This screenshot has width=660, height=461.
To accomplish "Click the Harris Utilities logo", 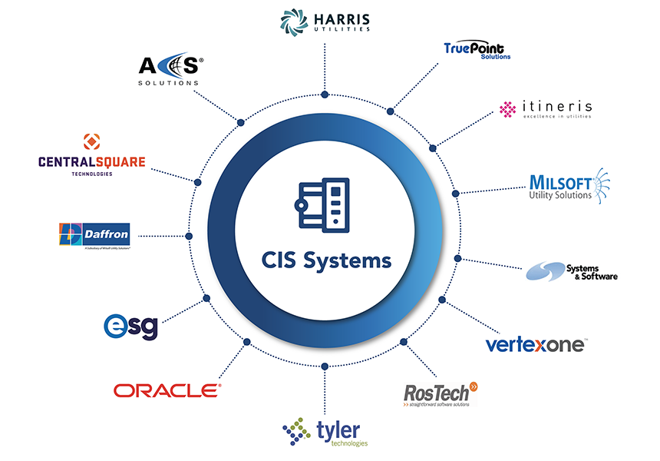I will click(x=325, y=21).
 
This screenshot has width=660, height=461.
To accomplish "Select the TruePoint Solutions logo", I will click(x=477, y=50).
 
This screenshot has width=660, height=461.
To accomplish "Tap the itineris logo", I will click(x=546, y=109).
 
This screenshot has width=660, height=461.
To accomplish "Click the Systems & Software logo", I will click(x=572, y=271).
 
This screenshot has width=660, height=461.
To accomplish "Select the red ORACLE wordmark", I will click(x=167, y=390).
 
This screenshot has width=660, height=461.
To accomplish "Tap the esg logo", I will click(x=131, y=326).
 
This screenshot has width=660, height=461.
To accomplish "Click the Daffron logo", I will click(x=94, y=236).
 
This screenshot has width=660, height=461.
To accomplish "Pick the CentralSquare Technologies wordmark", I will click(x=91, y=162).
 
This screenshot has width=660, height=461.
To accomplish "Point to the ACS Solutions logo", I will click(x=170, y=69).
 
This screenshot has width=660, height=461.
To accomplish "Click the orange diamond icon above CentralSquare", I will click(x=91, y=141).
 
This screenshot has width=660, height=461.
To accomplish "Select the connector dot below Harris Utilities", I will click(x=325, y=95).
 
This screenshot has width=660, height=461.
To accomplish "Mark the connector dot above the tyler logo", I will click(x=325, y=366).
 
